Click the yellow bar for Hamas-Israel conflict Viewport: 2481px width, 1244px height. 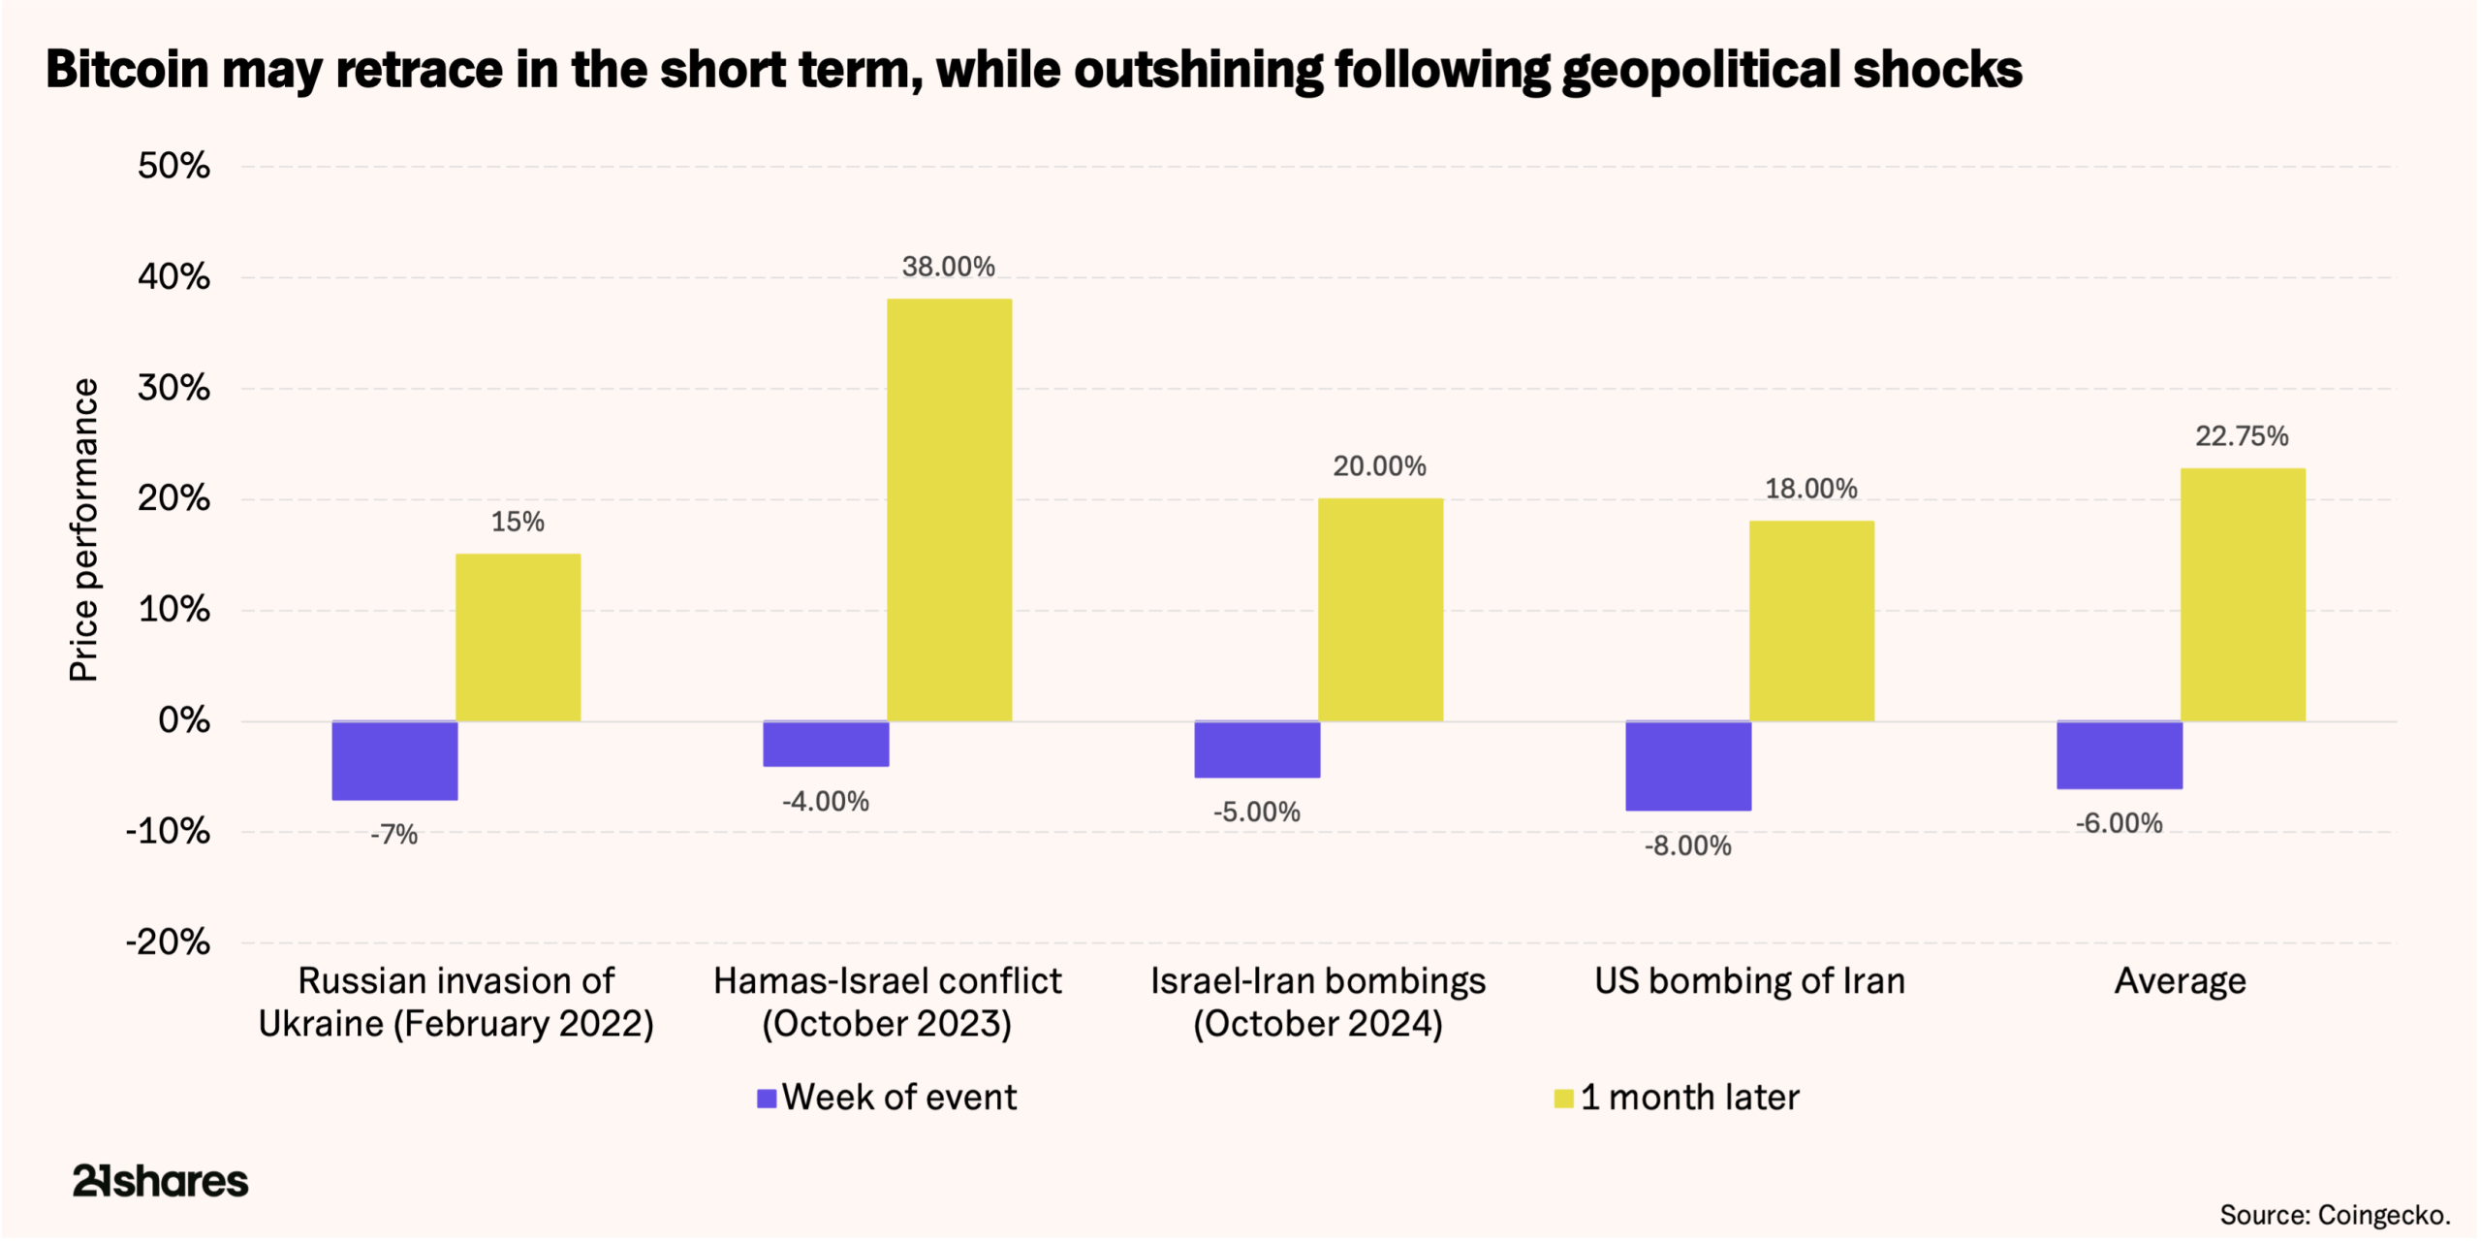coord(949,510)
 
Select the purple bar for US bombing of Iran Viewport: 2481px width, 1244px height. coord(1688,765)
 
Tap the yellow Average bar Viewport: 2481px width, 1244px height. coord(2243,594)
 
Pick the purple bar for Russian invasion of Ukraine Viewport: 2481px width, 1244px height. coord(394,760)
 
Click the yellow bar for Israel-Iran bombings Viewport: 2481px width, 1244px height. coord(1380,610)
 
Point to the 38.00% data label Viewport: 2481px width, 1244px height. coord(948,267)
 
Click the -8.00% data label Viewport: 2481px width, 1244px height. coord(1687,845)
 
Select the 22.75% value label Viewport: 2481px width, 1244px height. coord(2242,436)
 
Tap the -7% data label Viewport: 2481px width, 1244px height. coord(393,835)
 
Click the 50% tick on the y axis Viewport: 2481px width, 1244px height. coord(173,166)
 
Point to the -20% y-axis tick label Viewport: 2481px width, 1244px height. coord(168,941)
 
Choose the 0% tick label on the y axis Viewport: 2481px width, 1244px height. coord(183,720)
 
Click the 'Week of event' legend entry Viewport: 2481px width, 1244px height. coord(888,1098)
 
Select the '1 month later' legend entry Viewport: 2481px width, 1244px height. coord(1677,1098)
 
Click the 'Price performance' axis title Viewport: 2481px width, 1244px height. coord(84,529)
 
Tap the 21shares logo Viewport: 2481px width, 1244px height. coord(160,1181)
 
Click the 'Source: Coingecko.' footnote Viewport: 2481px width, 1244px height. coord(2335,1215)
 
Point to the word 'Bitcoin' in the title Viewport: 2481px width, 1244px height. coord(127,70)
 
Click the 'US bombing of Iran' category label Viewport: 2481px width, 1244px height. coord(1749,981)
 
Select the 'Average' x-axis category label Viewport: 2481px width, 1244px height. coord(2180,981)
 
